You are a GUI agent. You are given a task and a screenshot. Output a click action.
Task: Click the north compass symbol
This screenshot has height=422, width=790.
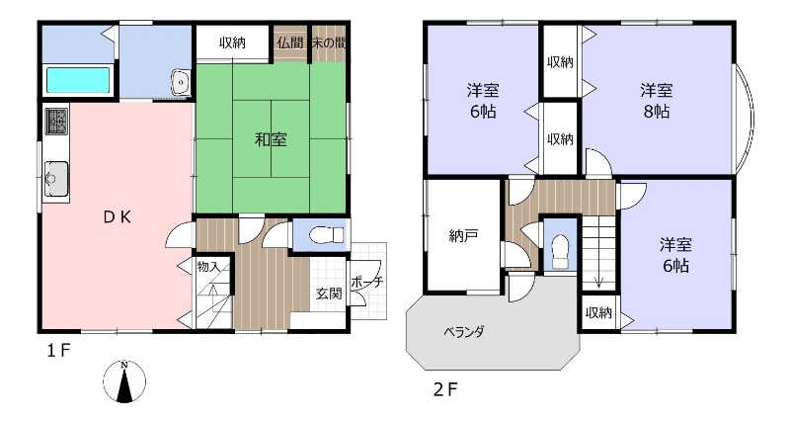124,381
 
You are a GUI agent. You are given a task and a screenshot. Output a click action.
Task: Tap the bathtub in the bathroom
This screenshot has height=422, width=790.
78,80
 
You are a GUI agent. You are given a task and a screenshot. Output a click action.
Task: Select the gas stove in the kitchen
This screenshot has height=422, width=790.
57,121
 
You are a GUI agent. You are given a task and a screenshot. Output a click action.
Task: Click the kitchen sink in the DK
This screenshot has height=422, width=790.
56,179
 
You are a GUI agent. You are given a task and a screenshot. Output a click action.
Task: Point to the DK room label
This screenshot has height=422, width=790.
118,216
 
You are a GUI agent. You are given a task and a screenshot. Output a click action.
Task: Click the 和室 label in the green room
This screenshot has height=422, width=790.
271,139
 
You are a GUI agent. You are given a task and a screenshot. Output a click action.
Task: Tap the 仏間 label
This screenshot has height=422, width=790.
290,42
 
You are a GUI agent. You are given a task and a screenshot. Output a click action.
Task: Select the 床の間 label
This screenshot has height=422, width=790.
329,42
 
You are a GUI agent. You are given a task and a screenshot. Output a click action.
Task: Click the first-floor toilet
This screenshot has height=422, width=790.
327,235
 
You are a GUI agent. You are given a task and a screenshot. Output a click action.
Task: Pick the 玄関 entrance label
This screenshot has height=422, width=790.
329,293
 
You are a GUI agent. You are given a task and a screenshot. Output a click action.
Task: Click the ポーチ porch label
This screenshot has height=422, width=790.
366,282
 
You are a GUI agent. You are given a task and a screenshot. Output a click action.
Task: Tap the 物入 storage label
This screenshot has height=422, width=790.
208,266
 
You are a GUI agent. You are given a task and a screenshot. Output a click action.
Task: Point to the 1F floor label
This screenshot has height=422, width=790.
59,351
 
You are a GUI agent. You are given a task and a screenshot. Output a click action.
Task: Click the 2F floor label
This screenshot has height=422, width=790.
445,389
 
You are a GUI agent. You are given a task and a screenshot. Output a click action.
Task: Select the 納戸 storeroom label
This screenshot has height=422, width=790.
463,235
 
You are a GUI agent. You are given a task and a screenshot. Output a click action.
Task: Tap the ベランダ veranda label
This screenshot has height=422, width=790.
464,332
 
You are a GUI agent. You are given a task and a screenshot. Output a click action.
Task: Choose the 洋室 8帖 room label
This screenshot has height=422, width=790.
657,101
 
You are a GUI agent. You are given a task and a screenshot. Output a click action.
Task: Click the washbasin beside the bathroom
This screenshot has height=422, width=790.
180,82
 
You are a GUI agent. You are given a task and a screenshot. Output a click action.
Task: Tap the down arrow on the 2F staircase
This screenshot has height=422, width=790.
598,282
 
